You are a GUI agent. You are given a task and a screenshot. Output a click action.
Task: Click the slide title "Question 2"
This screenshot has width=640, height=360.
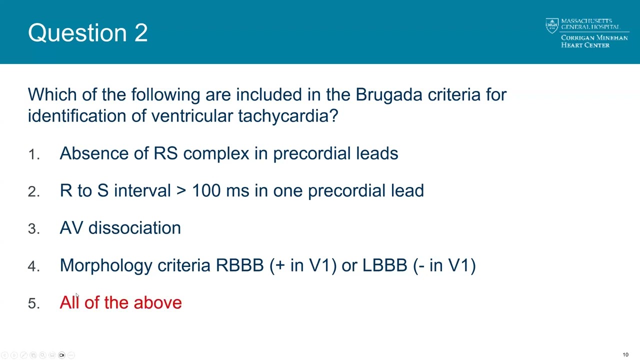(87, 33)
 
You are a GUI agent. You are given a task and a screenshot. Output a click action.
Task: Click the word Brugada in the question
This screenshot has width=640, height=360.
(388, 94)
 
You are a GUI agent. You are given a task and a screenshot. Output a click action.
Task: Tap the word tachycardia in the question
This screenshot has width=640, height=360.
(287, 116)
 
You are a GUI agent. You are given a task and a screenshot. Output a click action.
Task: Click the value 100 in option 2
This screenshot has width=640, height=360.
(206, 190)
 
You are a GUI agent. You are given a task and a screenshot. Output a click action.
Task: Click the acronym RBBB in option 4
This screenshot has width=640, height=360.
(239, 265)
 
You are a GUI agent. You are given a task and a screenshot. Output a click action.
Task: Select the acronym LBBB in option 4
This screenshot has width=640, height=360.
(384, 265)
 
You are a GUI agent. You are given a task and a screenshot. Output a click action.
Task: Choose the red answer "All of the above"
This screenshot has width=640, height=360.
(120, 302)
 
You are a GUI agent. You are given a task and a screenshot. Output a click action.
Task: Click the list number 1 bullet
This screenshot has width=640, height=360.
(33, 154)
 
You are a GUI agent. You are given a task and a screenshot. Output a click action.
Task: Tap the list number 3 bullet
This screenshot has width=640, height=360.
(33, 229)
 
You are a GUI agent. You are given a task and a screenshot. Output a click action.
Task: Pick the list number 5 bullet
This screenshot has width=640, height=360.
(33, 303)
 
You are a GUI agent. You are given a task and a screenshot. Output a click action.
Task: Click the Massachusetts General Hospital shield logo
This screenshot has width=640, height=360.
(551, 25)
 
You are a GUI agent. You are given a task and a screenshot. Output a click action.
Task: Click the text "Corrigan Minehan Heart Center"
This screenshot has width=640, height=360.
(594, 41)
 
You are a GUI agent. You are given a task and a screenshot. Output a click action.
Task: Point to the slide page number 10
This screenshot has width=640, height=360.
(625, 355)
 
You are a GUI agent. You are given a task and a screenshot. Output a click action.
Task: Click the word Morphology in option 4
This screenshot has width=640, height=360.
(105, 265)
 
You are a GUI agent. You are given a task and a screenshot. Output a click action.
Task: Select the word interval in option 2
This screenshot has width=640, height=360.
(142, 190)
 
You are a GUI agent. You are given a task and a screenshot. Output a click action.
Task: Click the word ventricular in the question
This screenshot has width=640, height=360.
(192, 116)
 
